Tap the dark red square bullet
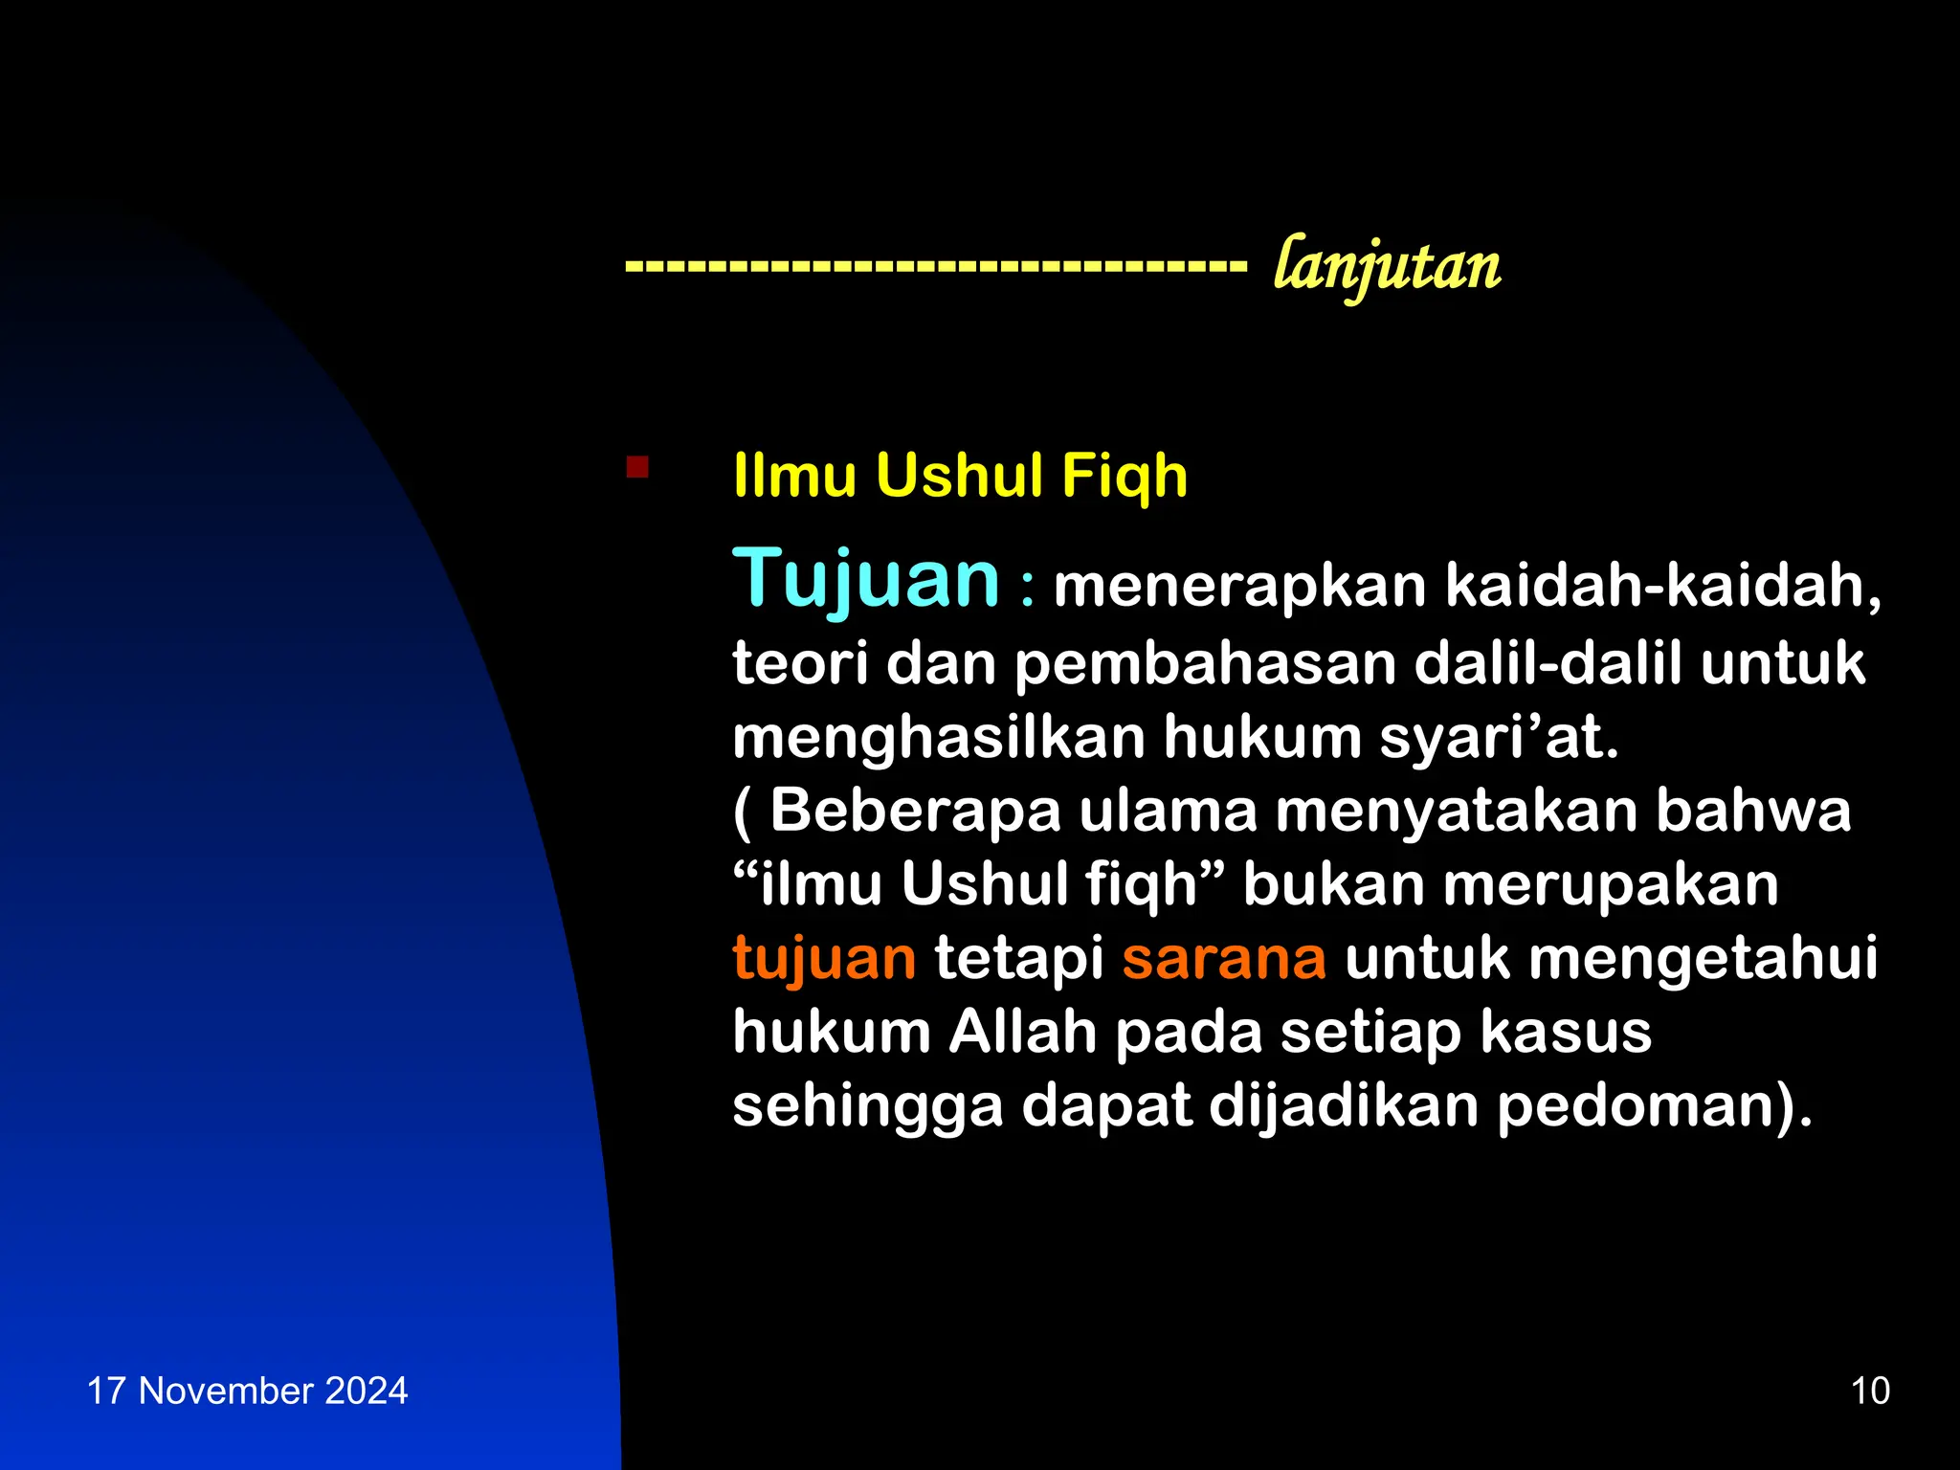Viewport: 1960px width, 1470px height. tap(637, 467)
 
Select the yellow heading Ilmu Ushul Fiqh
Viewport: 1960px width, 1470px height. tap(960, 476)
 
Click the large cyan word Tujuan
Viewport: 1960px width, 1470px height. tap(866, 580)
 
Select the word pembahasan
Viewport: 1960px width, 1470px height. tap(1205, 663)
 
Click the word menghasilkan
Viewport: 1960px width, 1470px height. tap(939, 738)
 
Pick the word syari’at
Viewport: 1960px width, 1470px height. tap(1499, 738)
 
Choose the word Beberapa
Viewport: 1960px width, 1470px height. tap(916, 811)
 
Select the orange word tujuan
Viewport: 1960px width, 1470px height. tap(824, 959)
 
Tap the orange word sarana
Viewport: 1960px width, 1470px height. tap(1224, 959)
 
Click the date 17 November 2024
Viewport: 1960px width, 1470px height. tap(247, 1391)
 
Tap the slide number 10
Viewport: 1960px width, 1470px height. tap(1870, 1391)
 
